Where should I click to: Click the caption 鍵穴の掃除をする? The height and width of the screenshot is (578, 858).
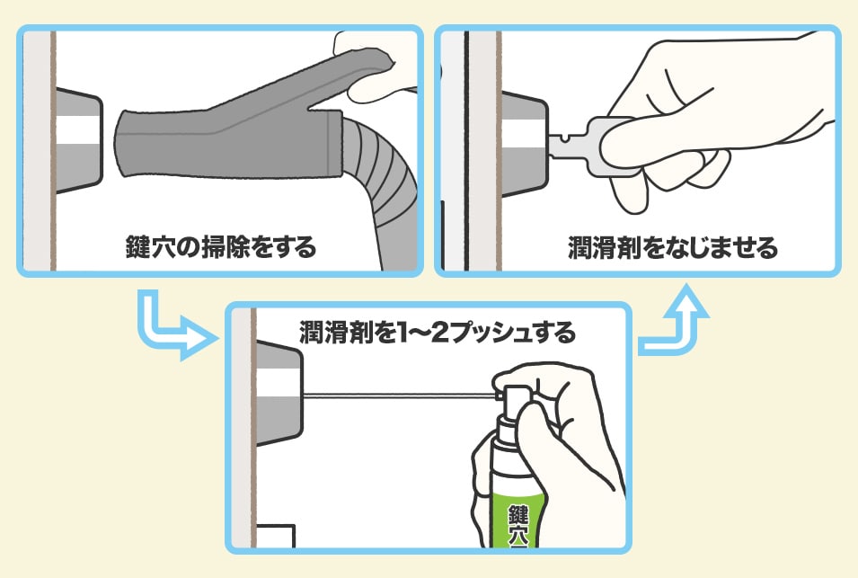[x=220, y=247]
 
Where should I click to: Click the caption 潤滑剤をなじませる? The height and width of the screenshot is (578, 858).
[x=673, y=247]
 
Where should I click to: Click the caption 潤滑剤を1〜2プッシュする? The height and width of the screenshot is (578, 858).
[x=438, y=333]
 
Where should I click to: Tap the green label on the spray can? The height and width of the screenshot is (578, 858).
[x=518, y=520]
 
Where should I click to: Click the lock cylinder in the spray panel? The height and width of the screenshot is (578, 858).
[x=279, y=392]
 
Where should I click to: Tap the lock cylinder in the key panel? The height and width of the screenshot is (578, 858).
[x=524, y=145]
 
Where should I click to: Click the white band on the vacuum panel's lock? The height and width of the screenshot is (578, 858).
[x=78, y=129]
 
